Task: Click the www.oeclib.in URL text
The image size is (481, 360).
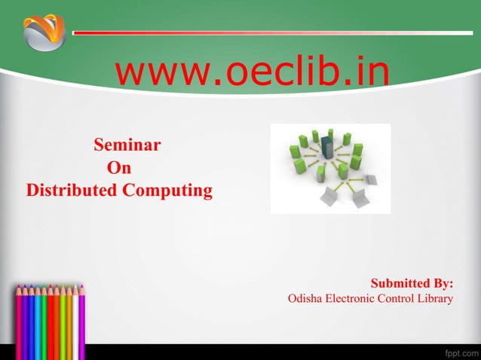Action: tap(252, 73)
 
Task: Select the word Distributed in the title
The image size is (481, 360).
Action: tap(71, 190)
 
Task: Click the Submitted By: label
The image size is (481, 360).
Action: tap(412, 284)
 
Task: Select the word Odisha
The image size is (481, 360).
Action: tap(305, 299)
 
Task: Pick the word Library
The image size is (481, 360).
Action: tap(439, 299)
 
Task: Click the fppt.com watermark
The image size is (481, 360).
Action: tap(458, 352)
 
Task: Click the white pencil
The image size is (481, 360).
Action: tap(75, 324)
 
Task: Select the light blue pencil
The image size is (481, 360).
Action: tap(38, 324)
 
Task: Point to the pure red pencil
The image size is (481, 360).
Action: tap(51, 324)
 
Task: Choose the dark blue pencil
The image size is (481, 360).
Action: tap(31, 324)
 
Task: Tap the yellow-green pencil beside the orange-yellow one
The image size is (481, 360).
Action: tap(63, 324)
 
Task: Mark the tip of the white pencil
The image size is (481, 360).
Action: tap(75, 285)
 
